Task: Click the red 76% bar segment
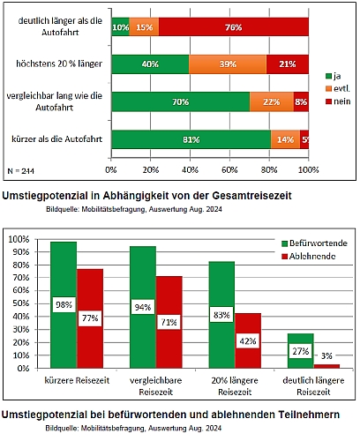pyautogui.click(x=234, y=27)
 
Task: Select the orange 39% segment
pyautogui.click(x=228, y=64)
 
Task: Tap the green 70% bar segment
pyautogui.click(x=181, y=101)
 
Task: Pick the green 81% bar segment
pyautogui.click(x=191, y=139)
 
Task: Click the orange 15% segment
pyautogui.click(x=144, y=27)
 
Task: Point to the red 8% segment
pyautogui.click(x=301, y=101)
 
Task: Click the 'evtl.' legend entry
pyautogui.click(x=338, y=88)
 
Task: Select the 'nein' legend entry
pyautogui.click(x=338, y=101)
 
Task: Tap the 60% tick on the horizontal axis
pyautogui.click(x=229, y=169)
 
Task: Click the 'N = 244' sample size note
pyautogui.click(x=20, y=171)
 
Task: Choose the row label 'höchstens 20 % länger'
pyautogui.click(x=59, y=64)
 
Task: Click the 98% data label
pyautogui.click(x=64, y=304)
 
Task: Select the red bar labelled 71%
pyautogui.click(x=169, y=322)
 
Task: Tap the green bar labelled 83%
pyautogui.click(x=221, y=315)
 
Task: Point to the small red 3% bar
pyautogui.click(x=326, y=366)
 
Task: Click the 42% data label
pyautogui.click(x=248, y=341)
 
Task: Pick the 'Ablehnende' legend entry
pyautogui.click(x=309, y=257)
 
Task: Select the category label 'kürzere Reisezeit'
pyautogui.click(x=77, y=380)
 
